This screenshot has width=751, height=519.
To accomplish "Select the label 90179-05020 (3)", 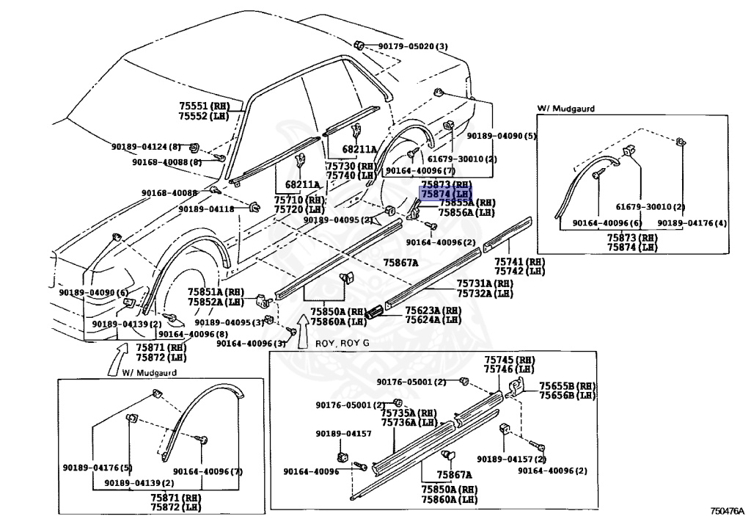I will [413, 46].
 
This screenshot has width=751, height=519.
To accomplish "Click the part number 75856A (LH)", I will [466, 213].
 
